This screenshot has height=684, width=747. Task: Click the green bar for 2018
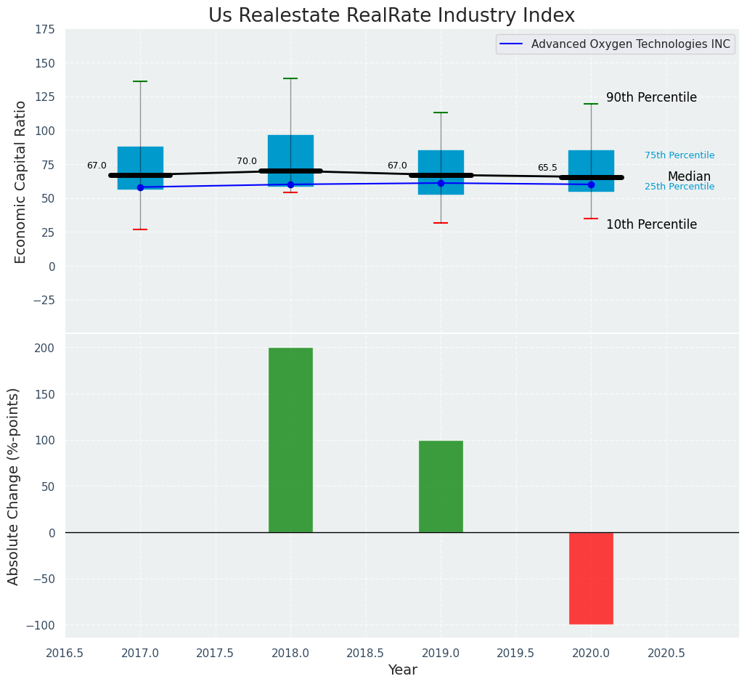click(290, 440)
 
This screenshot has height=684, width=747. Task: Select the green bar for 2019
click(441, 486)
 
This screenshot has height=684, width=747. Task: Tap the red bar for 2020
click(591, 578)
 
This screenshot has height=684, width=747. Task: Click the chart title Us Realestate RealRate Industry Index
click(391, 16)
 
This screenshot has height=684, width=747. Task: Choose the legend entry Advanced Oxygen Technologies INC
click(630, 44)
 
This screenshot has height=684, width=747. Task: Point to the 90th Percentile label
click(651, 97)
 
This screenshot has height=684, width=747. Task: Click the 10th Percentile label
click(651, 224)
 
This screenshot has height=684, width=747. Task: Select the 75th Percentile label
click(679, 155)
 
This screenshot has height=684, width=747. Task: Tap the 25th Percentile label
click(679, 187)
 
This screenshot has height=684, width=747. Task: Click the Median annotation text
click(689, 176)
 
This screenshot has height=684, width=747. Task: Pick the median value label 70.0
click(247, 161)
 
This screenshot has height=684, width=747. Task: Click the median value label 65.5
click(547, 168)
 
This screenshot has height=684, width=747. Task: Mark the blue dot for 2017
click(140, 187)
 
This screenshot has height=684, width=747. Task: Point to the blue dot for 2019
click(441, 183)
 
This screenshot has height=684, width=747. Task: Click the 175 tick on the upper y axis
click(44, 29)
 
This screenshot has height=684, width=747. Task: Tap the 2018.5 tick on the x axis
click(365, 653)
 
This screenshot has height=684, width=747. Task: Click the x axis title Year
click(402, 670)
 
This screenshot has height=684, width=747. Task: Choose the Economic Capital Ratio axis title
click(20, 182)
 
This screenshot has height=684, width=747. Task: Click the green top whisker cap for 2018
click(290, 78)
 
